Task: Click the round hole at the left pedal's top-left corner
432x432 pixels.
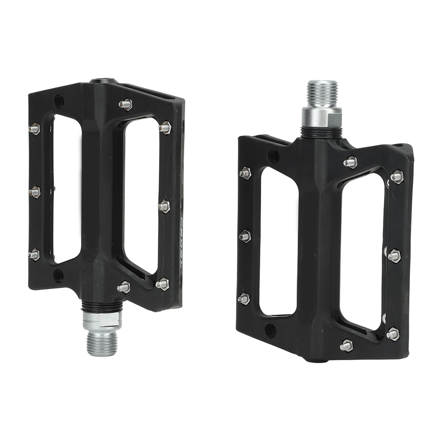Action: pos(59,101)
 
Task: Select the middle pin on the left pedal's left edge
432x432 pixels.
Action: pos(35,192)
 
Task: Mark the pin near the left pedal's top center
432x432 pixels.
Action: pos(125,104)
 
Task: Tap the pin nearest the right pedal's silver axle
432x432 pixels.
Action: pos(350,162)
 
